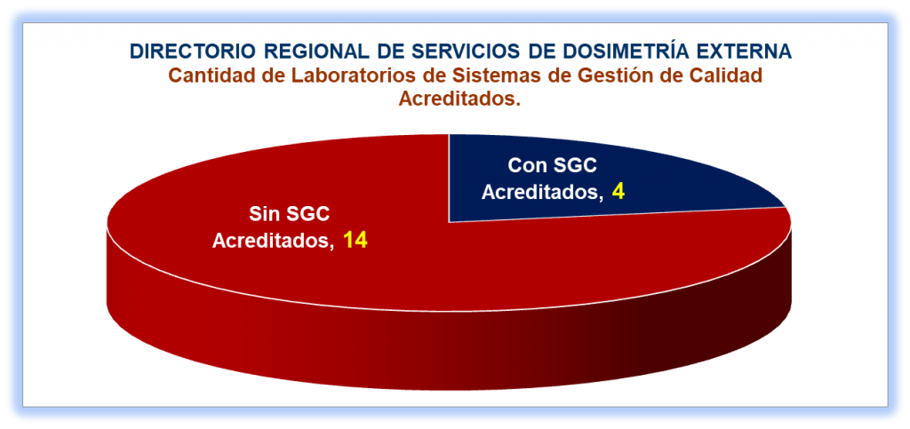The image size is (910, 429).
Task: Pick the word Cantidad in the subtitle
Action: (207, 75)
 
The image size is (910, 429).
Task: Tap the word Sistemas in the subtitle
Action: (461, 75)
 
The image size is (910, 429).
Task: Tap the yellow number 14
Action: (355, 240)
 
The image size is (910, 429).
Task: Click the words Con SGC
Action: (553, 166)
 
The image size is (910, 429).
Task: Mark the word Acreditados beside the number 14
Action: (273, 241)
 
